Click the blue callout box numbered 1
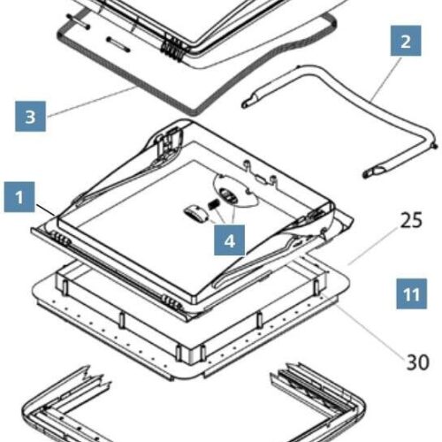click(x=19, y=197)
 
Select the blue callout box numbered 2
click(x=406, y=41)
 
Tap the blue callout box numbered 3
click(x=30, y=116)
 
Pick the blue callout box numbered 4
click(x=229, y=240)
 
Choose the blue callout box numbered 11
click(x=411, y=293)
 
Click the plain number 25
click(x=411, y=220)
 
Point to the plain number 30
click(x=417, y=362)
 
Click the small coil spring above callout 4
click(x=214, y=203)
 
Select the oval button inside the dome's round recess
click(x=227, y=195)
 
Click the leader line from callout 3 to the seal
click(x=91, y=102)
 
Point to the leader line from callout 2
click(x=387, y=79)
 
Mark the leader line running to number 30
click(x=364, y=324)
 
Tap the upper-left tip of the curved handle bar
click(x=245, y=104)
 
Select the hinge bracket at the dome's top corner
click(x=169, y=139)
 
